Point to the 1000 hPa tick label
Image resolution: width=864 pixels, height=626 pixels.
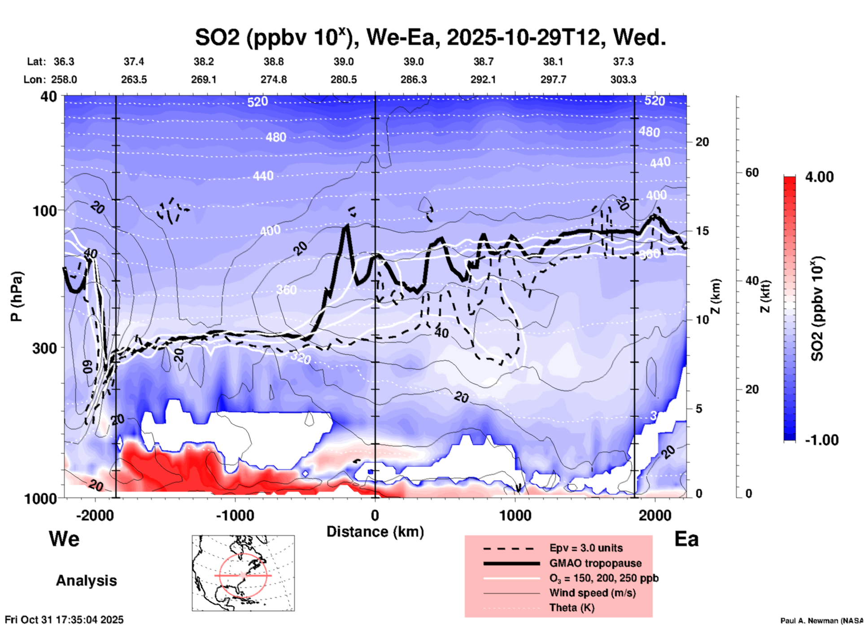tap(40, 498)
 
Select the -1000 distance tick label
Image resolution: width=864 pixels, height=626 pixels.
tap(235, 516)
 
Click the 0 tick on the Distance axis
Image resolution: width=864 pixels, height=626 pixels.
tap(375, 516)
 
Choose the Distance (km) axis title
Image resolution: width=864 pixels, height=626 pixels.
tap(375, 532)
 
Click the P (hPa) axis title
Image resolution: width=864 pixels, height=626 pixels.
tap(17, 296)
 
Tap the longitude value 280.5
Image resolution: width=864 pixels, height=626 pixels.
tap(344, 79)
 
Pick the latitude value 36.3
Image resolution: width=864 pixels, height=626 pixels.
tap(64, 62)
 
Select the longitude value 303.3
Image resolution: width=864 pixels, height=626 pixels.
tap(623, 79)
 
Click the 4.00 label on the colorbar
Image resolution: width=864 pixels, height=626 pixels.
tap(819, 177)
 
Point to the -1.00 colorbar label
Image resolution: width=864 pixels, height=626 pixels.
tap(821, 440)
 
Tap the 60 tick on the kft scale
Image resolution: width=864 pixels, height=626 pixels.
tap(751, 172)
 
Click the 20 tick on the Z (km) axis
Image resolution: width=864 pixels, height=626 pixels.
tap(702, 142)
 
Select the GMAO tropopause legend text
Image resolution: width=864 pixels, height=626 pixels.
tap(595, 563)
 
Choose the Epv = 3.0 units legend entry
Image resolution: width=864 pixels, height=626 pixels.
tap(586, 548)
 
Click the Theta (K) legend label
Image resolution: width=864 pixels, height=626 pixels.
tap(572, 608)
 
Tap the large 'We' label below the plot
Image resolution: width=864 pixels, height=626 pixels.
tap(64, 538)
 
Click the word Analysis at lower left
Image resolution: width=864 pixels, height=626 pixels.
tap(86, 581)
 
